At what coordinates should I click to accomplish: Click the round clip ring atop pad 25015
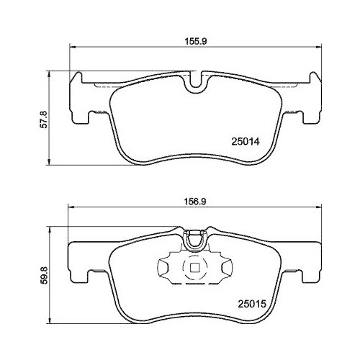click(x=194, y=241)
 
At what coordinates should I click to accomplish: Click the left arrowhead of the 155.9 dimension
click(x=71, y=48)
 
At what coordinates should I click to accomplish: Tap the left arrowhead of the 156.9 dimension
click(x=70, y=209)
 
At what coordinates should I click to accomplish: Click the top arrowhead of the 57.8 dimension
click(x=49, y=72)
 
